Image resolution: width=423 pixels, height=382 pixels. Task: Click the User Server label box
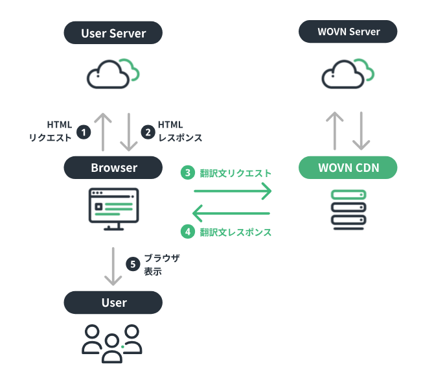coord(113,33)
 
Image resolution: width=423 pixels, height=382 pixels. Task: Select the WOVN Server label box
coord(348,32)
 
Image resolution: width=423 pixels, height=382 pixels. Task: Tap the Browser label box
coord(113,168)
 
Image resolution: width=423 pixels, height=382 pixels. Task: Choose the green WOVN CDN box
coord(348,168)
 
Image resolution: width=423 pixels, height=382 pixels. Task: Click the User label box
coord(113,302)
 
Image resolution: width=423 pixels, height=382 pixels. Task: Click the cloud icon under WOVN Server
coord(348,73)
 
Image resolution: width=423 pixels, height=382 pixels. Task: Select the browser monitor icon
coord(113,208)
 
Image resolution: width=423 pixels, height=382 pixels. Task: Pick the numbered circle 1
coord(83,132)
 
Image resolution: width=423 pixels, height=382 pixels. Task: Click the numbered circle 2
coord(148,132)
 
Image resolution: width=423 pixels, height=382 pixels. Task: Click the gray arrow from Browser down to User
coord(113,266)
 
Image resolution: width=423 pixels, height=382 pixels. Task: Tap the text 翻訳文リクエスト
coord(235,173)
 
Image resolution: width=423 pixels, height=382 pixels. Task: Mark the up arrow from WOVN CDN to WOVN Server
coord(334,130)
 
